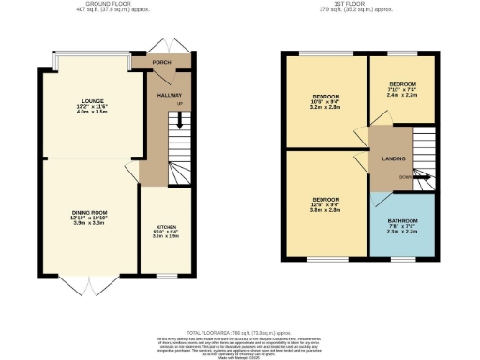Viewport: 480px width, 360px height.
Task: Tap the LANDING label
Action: point(393,158)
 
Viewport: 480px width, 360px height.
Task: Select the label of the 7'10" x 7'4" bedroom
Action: point(402,84)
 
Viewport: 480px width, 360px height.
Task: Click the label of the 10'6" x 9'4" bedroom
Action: point(325,97)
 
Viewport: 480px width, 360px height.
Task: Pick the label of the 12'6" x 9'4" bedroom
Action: point(325,200)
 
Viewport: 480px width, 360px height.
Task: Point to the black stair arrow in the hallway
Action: point(180,119)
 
